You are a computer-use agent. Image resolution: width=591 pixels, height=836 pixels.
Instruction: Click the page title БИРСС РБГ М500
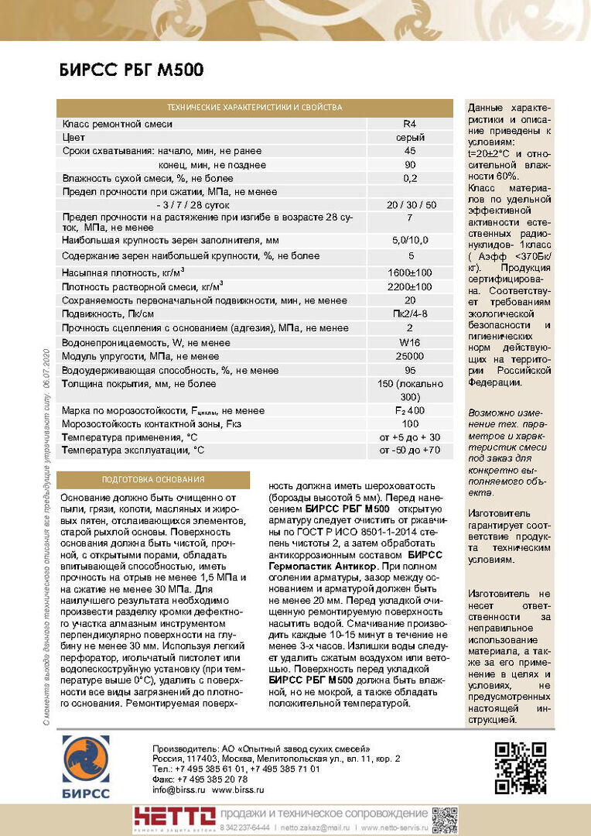click(132, 71)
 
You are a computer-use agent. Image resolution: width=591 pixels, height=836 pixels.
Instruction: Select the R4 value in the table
click(409, 124)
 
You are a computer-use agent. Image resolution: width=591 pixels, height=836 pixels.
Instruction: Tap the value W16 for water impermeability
click(409, 342)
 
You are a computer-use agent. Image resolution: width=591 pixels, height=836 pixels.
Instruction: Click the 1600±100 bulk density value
click(409, 273)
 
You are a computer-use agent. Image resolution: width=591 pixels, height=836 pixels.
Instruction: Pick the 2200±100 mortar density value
click(409, 287)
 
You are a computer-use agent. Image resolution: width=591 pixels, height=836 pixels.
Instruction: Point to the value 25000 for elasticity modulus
click(409, 356)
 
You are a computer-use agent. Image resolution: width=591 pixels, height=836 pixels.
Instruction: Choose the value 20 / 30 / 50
click(409, 205)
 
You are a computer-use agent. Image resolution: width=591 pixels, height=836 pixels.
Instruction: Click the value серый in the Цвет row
click(409, 138)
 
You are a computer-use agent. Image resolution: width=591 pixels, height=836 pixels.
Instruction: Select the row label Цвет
click(73, 138)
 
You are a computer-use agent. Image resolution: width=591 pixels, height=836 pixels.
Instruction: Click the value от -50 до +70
click(409, 450)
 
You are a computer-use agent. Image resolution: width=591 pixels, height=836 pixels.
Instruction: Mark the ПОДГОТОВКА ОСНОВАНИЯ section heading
click(153, 480)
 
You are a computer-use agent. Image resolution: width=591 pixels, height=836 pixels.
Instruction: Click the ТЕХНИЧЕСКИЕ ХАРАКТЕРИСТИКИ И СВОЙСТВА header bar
click(255, 108)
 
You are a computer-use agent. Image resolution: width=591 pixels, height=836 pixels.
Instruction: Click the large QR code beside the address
click(520, 767)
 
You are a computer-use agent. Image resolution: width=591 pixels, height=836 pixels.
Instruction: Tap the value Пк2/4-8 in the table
click(409, 314)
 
